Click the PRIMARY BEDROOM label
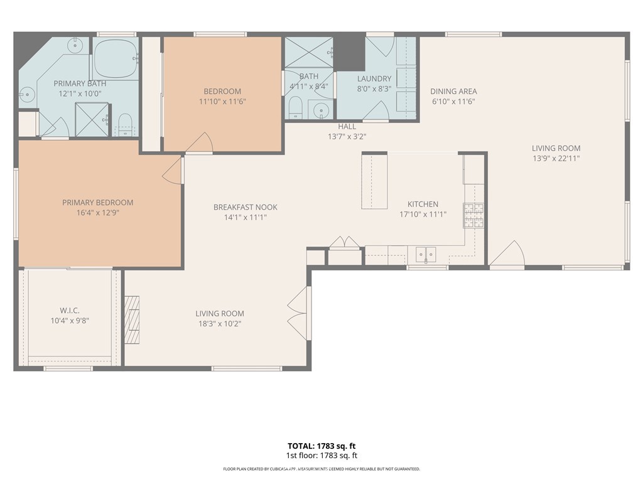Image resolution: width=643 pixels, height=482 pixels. click(97, 203)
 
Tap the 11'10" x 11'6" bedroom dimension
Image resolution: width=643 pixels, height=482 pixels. click(222, 101)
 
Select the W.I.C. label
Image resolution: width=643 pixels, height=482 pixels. click(70, 311)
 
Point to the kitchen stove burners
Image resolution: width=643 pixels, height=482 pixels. click(473, 215)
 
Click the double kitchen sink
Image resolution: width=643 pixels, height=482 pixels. click(426, 255)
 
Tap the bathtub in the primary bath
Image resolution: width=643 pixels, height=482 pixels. click(116, 58)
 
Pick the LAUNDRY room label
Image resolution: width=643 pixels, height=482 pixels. click(374, 78)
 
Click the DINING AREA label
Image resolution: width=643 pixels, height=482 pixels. click(453, 92)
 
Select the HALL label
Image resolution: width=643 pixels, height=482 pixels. click(347, 127)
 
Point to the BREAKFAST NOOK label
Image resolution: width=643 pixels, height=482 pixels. click(246, 207)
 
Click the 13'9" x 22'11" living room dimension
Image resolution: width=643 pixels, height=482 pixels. click(556, 159)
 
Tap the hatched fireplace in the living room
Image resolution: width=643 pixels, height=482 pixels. click(132, 319)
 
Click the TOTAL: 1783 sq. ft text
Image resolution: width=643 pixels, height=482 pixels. click(321, 446)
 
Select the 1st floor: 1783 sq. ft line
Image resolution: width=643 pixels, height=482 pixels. click(321, 456)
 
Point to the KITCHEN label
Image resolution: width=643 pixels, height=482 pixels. click(423, 204)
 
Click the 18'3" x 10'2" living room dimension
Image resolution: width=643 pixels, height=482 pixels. click(220, 324)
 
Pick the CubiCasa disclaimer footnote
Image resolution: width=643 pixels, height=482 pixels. click(321, 469)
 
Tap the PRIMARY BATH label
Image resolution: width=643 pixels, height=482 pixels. click(80, 83)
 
